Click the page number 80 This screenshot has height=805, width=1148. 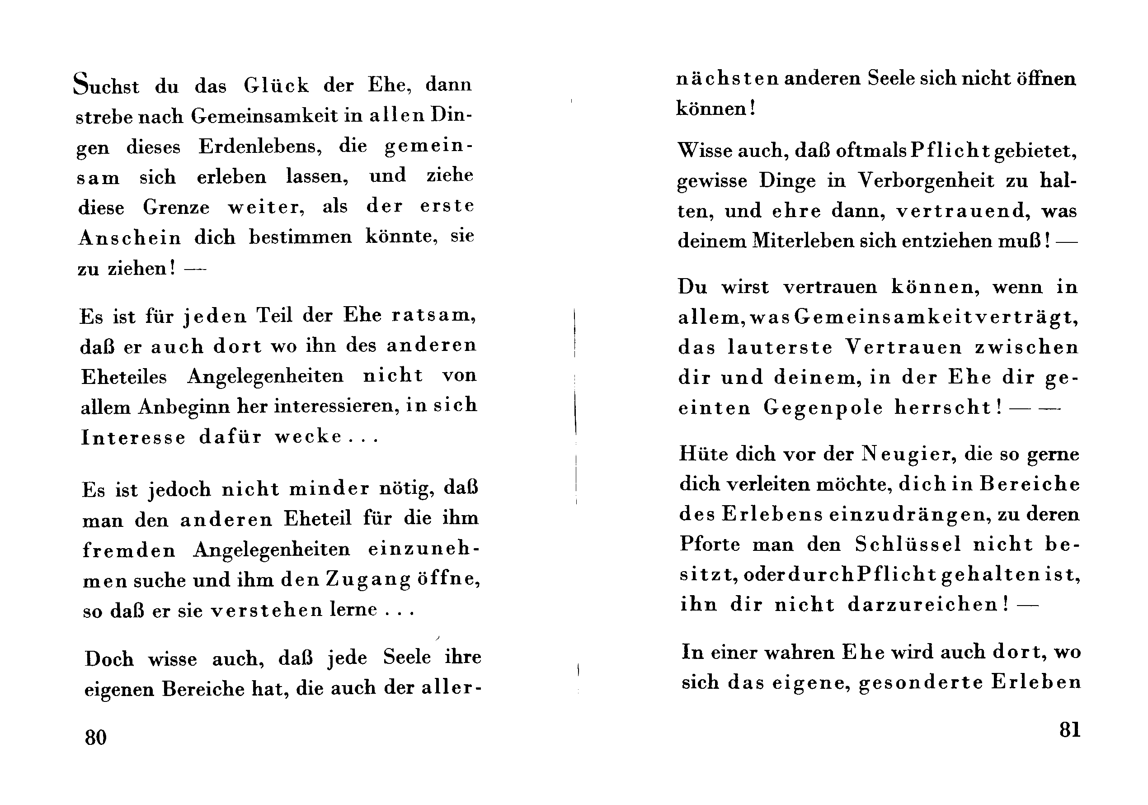coord(95,738)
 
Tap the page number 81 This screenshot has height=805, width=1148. coord(1069,730)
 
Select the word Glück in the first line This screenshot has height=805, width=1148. coord(277,85)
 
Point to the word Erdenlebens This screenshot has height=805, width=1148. coord(260,147)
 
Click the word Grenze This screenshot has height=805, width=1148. coord(176,207)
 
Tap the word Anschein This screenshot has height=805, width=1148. coord(130,237)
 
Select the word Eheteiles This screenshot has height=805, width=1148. coord(124,377)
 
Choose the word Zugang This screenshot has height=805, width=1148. coord(368,580)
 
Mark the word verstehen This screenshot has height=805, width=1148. coord(267,611)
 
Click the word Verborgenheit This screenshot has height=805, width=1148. coord(927,180)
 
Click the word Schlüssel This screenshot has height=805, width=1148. coord(908,545)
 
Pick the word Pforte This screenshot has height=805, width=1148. coord(710,545)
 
